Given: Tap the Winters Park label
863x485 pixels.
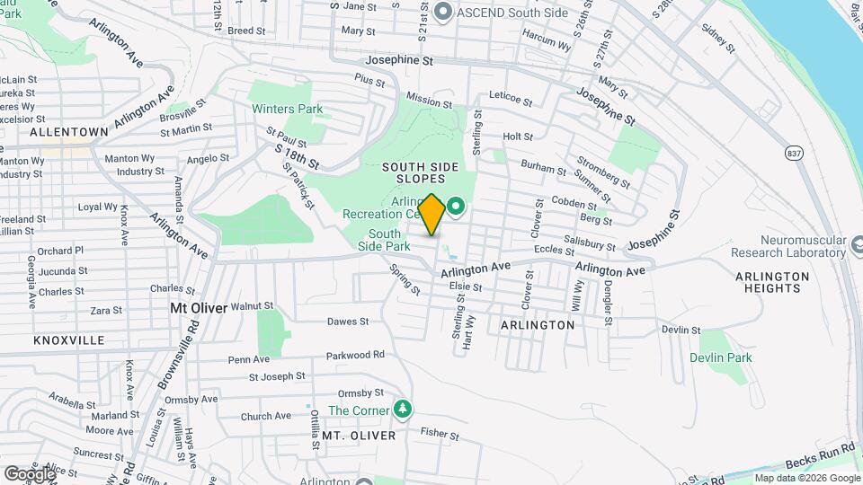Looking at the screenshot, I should point(287,110).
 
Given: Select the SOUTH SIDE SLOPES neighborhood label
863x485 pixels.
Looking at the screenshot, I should point(420,173).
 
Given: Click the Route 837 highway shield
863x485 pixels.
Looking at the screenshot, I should point(793,153).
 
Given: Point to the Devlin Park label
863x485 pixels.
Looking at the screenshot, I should point(721,357).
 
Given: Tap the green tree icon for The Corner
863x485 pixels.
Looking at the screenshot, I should point(404,410).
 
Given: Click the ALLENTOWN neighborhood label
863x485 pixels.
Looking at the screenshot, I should point(69,131).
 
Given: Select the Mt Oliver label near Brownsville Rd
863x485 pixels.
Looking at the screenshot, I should point(197,306).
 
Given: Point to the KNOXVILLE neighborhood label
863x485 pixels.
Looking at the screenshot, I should point(69,340).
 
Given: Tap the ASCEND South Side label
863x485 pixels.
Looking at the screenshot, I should point(501,12).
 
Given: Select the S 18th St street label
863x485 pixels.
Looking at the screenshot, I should point(297,159).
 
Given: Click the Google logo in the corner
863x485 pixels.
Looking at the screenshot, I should point(29,473).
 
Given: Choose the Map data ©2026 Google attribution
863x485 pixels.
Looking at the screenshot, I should point(807,478).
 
